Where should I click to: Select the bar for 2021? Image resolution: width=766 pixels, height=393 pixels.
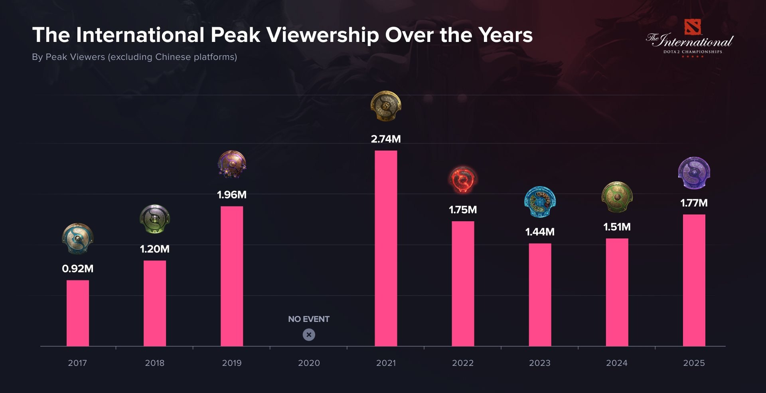point(386,248)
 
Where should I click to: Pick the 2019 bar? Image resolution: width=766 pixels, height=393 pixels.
point(232,276)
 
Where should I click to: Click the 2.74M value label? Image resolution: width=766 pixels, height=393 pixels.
point(386,139)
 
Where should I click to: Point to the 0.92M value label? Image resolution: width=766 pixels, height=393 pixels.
point(78,268)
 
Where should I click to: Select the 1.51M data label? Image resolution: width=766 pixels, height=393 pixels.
point(617,227)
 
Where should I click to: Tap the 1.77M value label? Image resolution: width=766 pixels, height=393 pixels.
point(694,203)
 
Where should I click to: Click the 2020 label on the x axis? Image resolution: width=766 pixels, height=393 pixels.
point(309,363)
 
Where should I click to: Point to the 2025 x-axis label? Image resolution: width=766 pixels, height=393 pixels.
point(694,363)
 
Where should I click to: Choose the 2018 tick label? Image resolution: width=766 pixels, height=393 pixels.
point(155,363)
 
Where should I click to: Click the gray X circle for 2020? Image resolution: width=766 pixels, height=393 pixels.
point(309,335)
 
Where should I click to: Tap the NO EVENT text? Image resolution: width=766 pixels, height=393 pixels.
point(309,319)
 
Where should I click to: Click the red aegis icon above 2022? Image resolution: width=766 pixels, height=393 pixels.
point(463,179)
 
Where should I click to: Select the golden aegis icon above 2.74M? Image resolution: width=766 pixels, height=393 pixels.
point(386,106)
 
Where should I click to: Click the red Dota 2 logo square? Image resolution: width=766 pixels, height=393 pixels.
point(693,27)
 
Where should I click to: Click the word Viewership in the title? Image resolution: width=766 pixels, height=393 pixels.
point(322,35)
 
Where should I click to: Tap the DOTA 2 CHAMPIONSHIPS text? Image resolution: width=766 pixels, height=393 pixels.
point(693,52)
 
